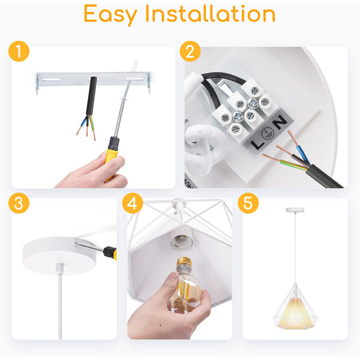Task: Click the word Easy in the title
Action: point(114,15)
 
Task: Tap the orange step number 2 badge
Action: point(190,52)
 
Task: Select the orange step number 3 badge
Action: point(19,204)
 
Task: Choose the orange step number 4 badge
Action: point(132,204)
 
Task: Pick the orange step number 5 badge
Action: point(247,204)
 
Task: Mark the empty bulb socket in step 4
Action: point(181,242)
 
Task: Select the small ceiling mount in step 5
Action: point(294,210)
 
